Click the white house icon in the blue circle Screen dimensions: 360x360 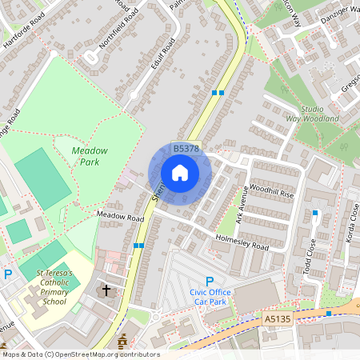tap(180, 173)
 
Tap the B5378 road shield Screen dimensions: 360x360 tap(186, 149)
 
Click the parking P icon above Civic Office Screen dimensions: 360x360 tap(210, 281)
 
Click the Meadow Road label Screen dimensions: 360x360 tap(120, 217)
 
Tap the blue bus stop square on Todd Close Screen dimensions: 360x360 tap(316, 213)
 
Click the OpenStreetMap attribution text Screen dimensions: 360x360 tap(80, 354)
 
